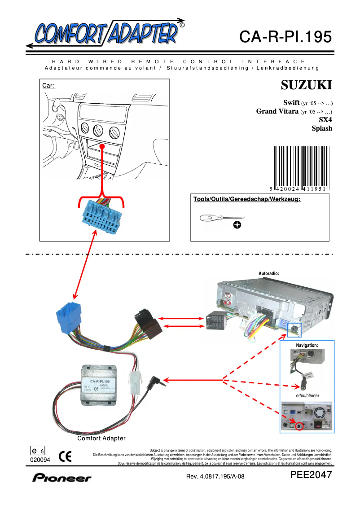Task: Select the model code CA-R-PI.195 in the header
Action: (285, 37)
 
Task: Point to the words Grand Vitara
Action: (277, 111)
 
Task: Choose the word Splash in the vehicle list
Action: (322, 128)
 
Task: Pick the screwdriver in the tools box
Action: (215, 218)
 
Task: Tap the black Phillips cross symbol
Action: (237, 224)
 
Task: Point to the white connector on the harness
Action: (134, 383)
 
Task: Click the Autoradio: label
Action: (269, 273)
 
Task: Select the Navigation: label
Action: (307, 345)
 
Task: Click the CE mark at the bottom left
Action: (65, 456)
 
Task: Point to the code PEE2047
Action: (311, 475)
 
